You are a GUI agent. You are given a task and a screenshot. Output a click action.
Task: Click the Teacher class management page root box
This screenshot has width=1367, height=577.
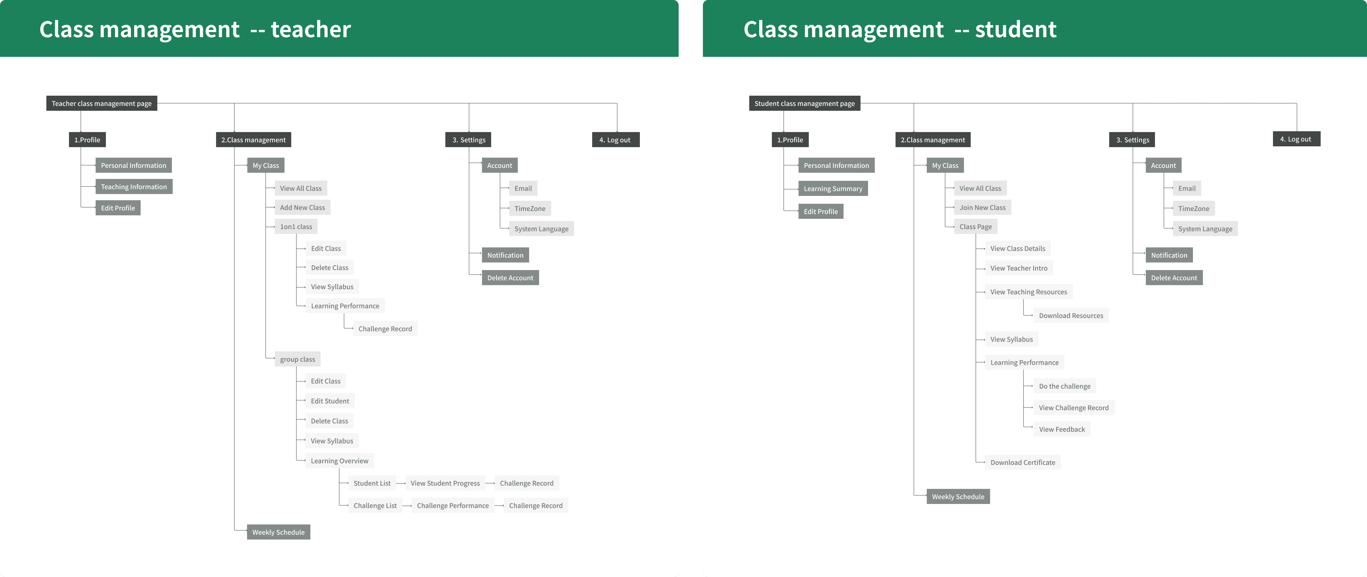[101, 103]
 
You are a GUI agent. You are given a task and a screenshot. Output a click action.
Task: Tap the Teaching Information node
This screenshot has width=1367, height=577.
[134, 187]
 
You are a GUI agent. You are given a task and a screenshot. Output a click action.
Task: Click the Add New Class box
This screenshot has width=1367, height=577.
[302, 208]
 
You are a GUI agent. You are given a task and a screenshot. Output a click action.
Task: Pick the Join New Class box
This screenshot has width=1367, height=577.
[982, 208]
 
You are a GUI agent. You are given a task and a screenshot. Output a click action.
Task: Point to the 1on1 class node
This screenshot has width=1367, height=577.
[296, 227]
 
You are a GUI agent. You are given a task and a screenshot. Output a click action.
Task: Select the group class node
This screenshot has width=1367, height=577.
[297, 359]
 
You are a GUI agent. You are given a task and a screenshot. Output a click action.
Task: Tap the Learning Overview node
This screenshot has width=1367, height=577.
[339, 461]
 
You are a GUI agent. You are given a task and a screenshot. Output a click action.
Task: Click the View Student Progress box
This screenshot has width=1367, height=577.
[445, 483]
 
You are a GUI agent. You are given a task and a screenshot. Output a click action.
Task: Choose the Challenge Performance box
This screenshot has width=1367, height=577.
[453, 505]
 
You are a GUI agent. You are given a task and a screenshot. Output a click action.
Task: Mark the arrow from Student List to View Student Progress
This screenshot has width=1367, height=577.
[401, 483]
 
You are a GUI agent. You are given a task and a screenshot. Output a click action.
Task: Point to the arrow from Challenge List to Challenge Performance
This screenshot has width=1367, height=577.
[407, 506]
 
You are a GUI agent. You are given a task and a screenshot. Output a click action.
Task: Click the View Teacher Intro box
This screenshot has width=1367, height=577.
[1018, 268]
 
